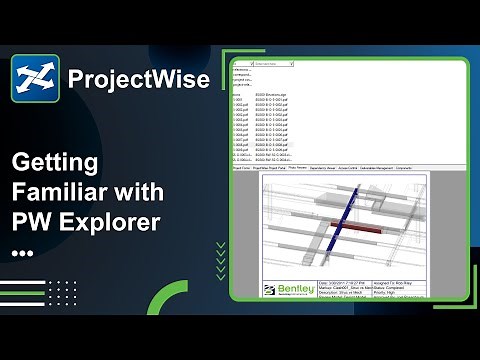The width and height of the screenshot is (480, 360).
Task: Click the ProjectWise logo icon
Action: point(35,78)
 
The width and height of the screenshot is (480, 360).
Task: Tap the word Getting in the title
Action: point(54,161)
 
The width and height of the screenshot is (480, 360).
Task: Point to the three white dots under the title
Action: point(22,253)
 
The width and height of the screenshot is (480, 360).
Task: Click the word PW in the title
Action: point(31,222)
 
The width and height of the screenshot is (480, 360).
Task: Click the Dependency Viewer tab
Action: point(325,169)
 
